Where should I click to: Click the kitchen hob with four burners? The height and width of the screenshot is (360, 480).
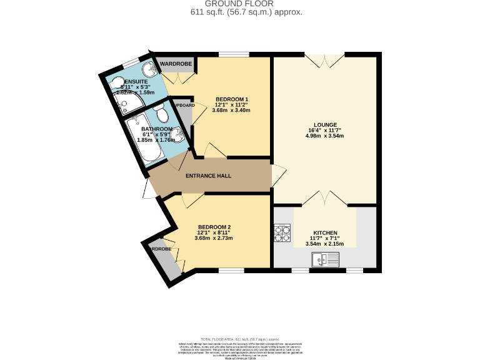click(x=282, y=232)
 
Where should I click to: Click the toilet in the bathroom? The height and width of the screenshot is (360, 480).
click(x=162, y=113)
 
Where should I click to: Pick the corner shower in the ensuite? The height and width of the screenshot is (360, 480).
click(x=150, y=71)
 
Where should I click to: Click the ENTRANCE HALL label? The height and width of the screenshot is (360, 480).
click(x=208, y=176)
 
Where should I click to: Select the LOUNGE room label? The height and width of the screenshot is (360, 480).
click(x=324, y=123)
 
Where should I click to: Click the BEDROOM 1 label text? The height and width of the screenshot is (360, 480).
click(x=232, y=99)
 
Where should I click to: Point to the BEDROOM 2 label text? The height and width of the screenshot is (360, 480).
click(x=214, y=227)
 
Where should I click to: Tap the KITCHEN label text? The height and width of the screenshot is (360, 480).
click(x=325, y=232)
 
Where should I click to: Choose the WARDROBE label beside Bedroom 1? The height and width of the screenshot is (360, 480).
click(x=175, y=64)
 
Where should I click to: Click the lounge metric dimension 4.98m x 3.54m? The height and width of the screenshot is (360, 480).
click(x=324, y=136)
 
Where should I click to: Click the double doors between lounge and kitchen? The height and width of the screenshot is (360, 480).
click(x=324, y=199)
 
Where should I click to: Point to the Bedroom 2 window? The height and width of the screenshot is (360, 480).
click(x=231, y=270)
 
